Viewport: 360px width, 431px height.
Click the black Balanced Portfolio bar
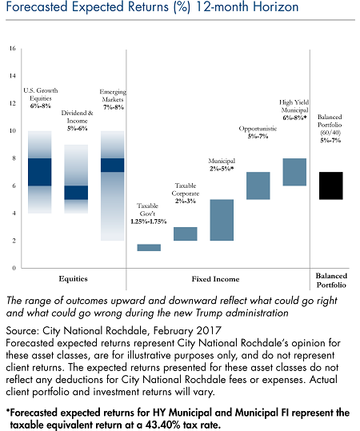click(x=331, y=186)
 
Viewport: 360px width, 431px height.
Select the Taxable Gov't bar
click(x=149, y=247)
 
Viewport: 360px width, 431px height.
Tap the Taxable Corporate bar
click(x=186, y=233)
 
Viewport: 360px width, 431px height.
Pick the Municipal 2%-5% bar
click(x=222, y=220)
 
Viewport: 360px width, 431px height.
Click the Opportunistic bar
click(x=258, y=186)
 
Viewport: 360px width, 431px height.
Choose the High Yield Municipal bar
click(x=294, y=172)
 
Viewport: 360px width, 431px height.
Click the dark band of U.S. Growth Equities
click(x=40, y=172)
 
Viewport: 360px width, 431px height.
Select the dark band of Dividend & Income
click(x=76, y=193)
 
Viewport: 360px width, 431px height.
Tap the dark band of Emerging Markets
click(x=113, y=166)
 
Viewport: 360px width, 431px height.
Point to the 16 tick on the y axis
click(x=13, y=48)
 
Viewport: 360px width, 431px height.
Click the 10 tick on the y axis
click(x=13, y=131)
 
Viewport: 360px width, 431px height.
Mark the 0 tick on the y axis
click(x=14, y=268)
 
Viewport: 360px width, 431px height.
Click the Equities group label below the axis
click(x=73, y=279)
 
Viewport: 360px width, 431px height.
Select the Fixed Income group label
click(x=216, y=279)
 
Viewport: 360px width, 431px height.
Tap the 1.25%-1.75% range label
click(x=149, y=221)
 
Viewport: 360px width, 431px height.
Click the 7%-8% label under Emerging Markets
click(x=114, y=107)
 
